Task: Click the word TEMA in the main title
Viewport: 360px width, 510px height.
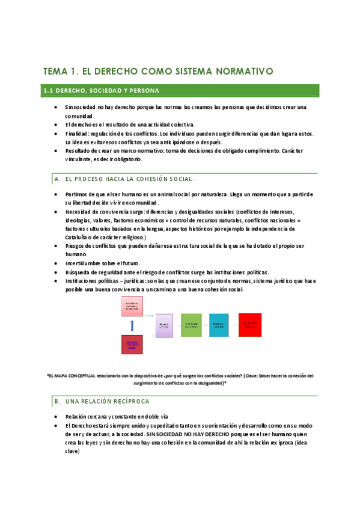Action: (x=56, y=72)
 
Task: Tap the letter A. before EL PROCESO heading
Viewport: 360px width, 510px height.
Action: (x=57, y=179)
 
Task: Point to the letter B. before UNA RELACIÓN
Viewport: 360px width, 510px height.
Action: (x=57, y=401)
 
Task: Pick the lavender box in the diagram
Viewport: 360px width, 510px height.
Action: (x=164, y=325)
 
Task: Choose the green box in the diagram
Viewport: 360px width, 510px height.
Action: (x=191, y=325)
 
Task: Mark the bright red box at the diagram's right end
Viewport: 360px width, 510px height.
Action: (x=250, y=325)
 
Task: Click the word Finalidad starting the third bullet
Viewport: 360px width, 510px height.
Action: (x=76, y=134)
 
